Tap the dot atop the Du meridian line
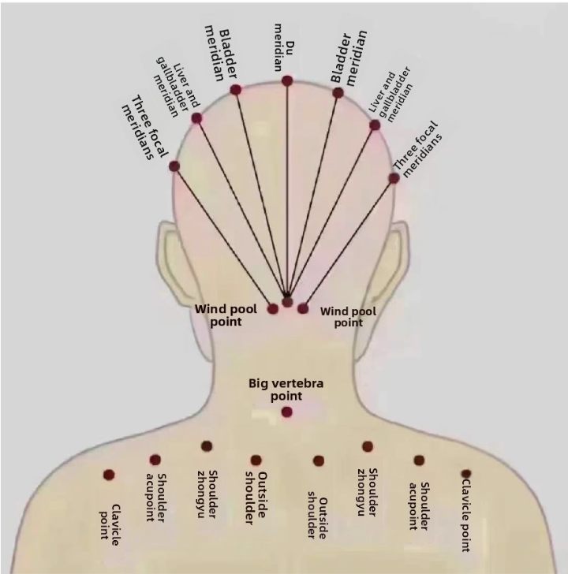click(287, 80)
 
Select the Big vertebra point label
click(286, 389)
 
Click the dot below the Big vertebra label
click(286, 412)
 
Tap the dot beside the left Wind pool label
click(273, 309)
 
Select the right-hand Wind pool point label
click(348, 316)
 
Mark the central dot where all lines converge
click(288, 301)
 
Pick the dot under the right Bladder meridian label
click(338, 92)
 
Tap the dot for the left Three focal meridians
click(174, 166)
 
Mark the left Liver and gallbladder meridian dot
click(196, 118)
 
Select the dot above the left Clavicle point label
click(109, 475)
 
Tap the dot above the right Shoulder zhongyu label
click(368, 446)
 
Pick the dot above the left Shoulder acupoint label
click(155, 460)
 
